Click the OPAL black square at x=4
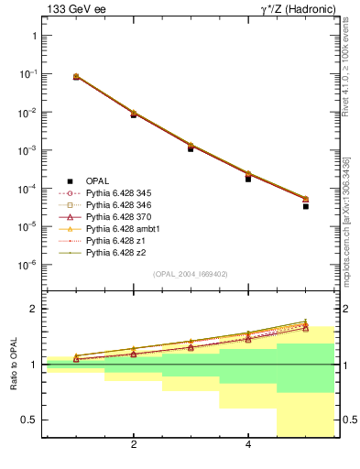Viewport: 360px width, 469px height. [248, 179]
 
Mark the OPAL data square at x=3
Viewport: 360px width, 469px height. [191, 147]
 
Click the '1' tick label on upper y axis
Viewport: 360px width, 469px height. [34, 36]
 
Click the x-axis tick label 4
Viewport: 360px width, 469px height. [248, 445]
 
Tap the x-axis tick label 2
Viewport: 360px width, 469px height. [134, 445]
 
